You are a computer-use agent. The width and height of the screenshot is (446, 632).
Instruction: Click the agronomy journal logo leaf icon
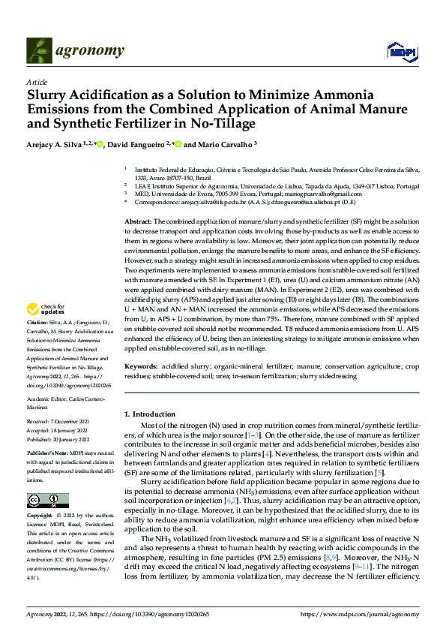point(38,50)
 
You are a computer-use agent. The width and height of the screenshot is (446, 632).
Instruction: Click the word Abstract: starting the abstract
point(138,222)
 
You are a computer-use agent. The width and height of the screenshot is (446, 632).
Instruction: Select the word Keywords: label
point(142,368)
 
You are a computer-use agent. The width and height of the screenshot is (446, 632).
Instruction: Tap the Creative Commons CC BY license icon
point(48,500)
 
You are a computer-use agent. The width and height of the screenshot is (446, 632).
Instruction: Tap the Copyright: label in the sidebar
point(40,516)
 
